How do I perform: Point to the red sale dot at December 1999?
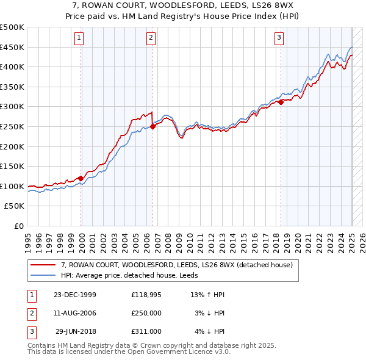[81, 178]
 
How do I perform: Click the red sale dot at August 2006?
[152, 127]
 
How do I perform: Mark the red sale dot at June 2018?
[281, 103]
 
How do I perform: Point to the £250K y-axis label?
[12, 126]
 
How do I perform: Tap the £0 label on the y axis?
[18, 226]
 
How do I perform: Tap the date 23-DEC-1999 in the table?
[75, 295]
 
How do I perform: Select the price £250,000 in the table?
[146, 313]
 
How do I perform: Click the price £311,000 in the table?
[146, 331]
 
